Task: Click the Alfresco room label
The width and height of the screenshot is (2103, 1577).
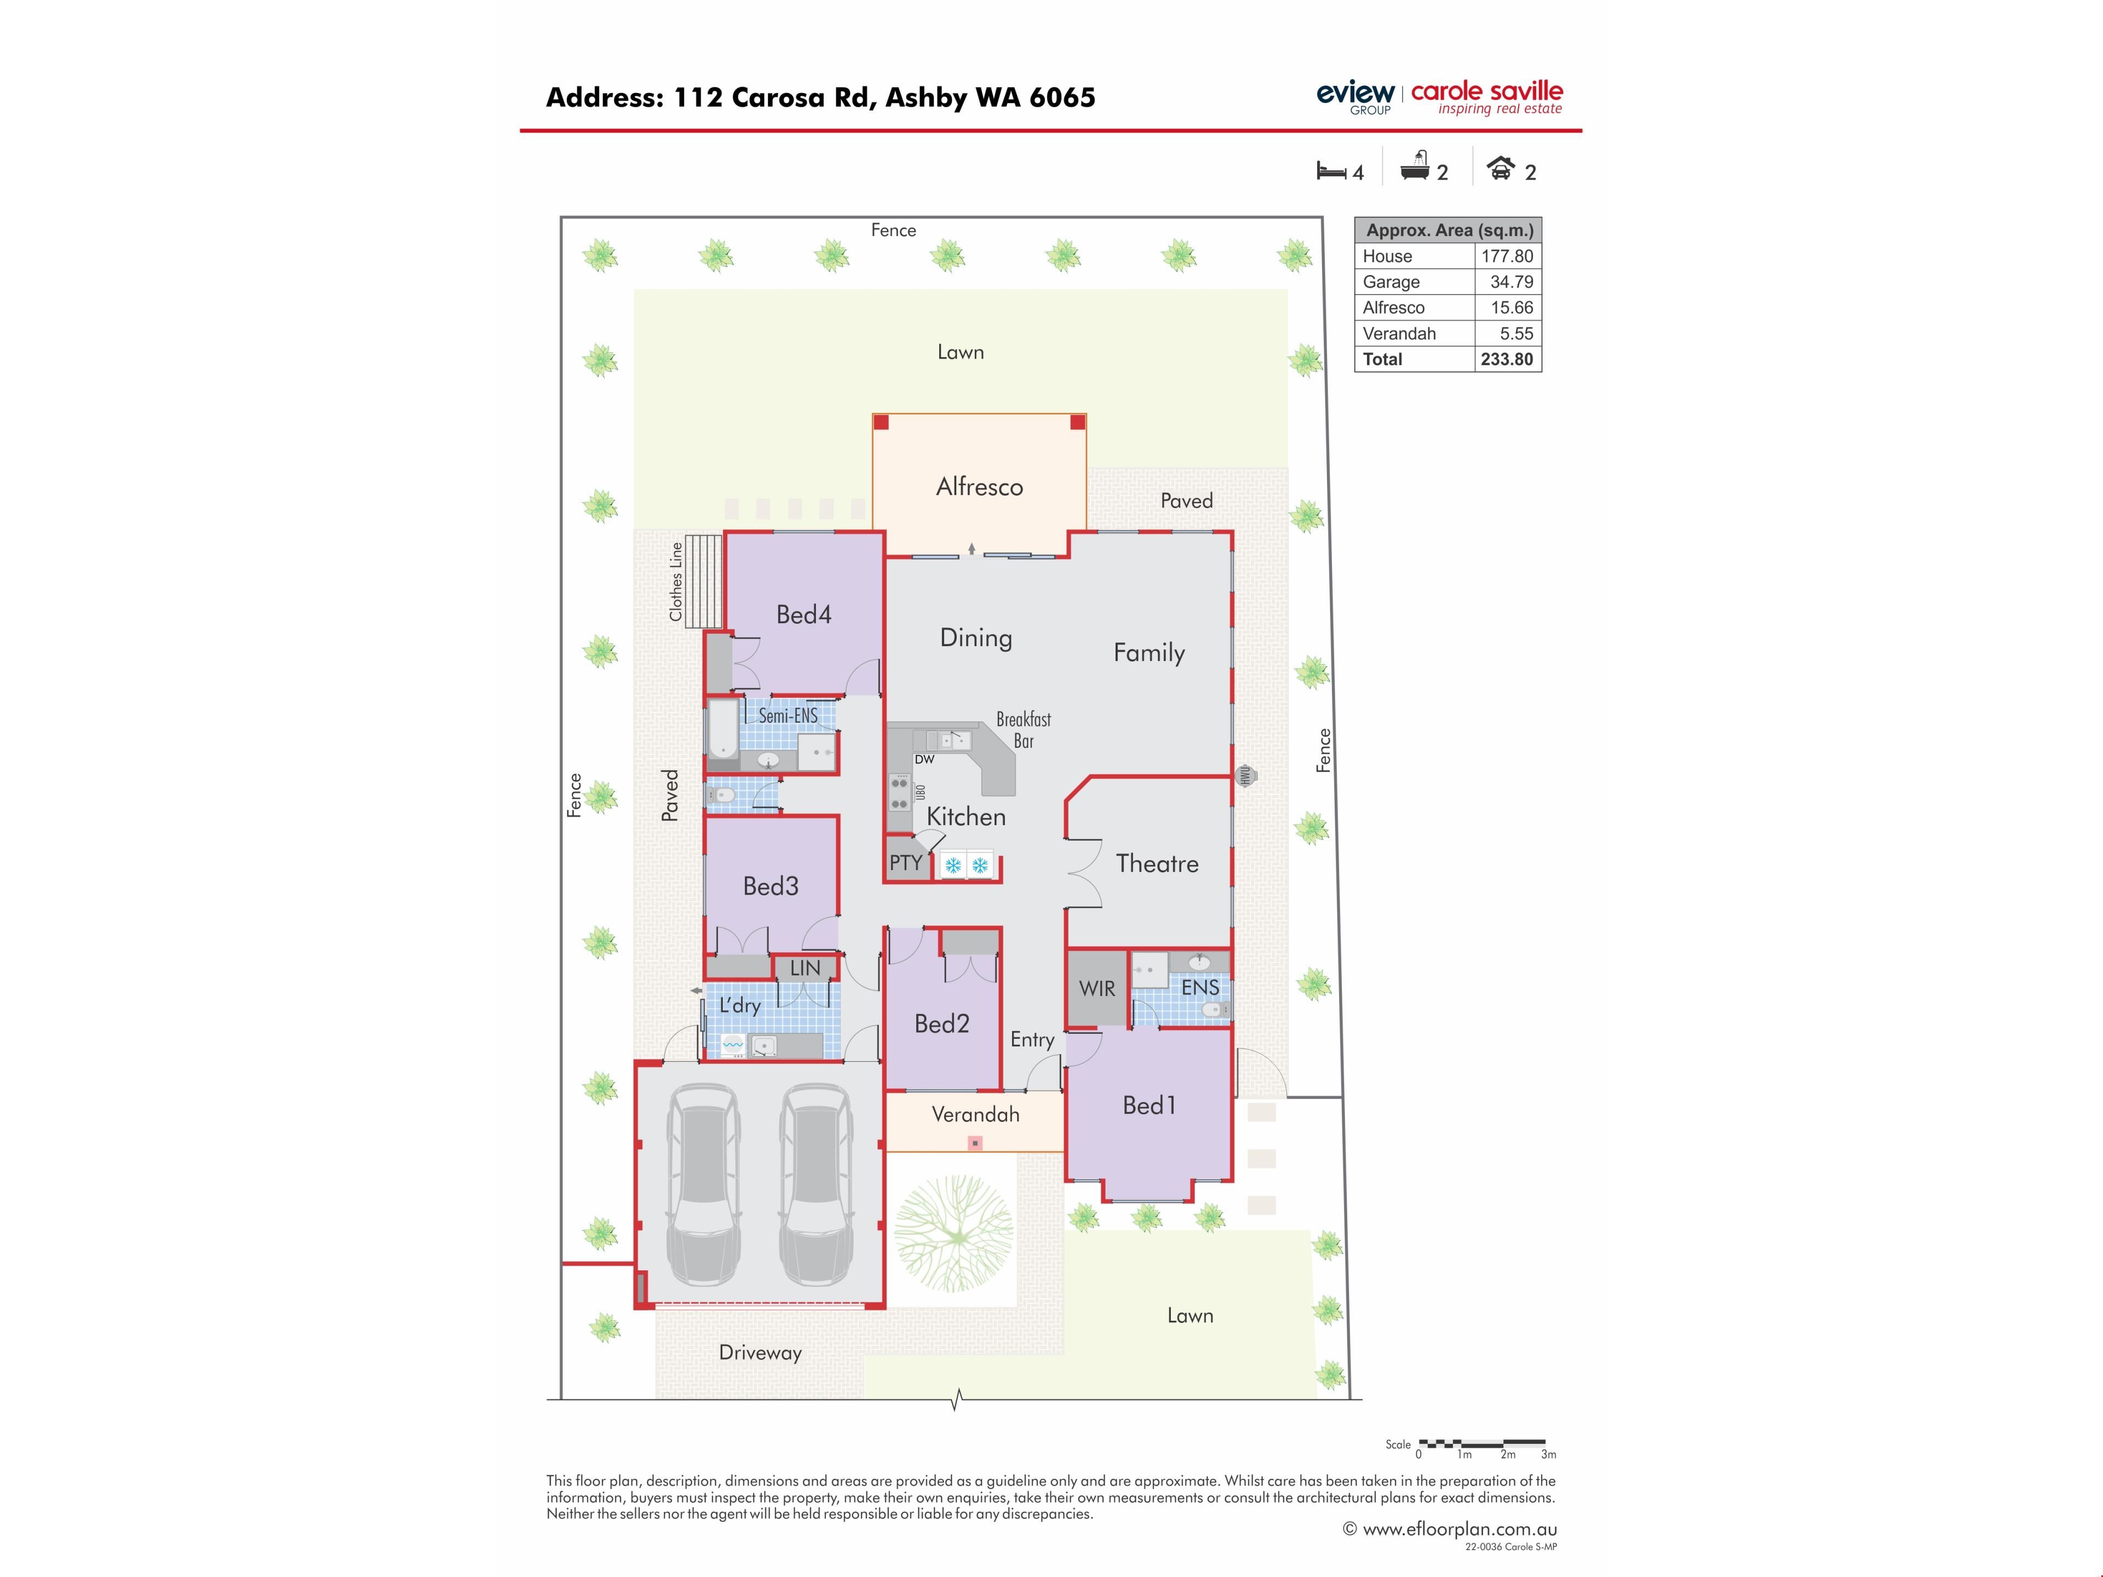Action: coord(979,487)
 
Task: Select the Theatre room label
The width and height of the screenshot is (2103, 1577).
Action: coord(1157,863)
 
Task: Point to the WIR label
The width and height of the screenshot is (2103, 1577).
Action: coord(1096,988)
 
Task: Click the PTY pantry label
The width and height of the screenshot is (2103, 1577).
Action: coord(905,862)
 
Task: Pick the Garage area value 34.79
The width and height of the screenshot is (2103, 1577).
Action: coord(1512,281)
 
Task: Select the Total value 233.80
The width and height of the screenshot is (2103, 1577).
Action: coord(1507,359)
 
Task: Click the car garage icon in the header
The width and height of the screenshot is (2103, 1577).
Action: coord(1500,168)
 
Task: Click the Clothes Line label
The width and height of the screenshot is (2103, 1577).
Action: coord(676,582)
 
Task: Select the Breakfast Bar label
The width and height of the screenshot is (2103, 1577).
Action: coord(1024,730)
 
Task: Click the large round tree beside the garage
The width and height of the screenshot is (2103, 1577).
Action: coord(953,1233)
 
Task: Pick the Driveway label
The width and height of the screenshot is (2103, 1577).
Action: coord(761,1352)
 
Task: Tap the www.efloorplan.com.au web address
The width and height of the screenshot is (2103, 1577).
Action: coord(1460,1529)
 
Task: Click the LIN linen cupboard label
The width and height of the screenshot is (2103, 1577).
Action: coord(805,968)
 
